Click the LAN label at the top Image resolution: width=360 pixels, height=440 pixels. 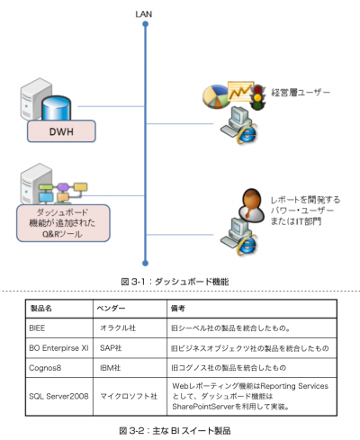pos(144,14)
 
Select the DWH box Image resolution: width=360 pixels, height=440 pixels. pos(61,131)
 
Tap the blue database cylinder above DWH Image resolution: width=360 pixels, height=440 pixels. pos(56,108)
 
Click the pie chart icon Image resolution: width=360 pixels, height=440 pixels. pos(216,96)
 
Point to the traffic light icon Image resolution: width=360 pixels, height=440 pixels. pos(257,97)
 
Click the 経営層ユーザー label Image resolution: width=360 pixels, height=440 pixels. pos(301,92)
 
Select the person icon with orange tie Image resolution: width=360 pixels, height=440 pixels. pos(252,205)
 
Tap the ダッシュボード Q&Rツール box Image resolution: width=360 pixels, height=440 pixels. pos(63,223)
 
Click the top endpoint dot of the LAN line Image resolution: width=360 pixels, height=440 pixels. pos(146,24)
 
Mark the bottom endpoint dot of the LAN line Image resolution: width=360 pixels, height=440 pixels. pos(146,264)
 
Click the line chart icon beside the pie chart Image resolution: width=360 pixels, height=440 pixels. pos(240,91)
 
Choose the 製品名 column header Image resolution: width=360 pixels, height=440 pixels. pos(41,309)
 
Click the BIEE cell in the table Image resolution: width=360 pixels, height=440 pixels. pos(37,328)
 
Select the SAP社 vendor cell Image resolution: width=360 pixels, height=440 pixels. pos(111,348)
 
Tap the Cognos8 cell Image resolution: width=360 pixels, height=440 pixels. pos(45,368)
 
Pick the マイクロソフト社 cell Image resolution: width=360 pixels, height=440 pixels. pos(129,396)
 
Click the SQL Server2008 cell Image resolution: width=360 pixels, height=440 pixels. pos(58,396)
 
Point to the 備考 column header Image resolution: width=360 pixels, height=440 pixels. pos(178,309)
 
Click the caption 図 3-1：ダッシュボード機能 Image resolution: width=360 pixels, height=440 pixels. pos(175,282)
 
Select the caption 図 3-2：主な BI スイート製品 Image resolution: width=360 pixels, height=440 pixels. pos(175,431)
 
